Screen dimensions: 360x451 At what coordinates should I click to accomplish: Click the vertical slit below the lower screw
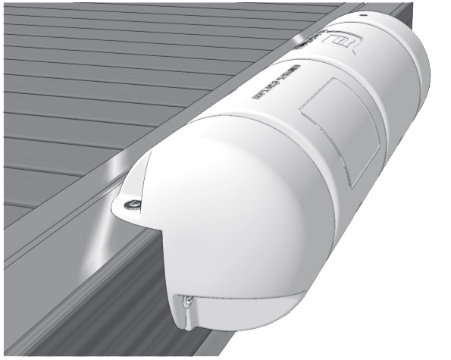pos(185,318)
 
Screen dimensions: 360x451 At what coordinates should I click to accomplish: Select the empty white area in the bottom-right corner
pos(409,318)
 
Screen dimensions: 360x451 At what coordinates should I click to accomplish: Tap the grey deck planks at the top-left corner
pos(38,30)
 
